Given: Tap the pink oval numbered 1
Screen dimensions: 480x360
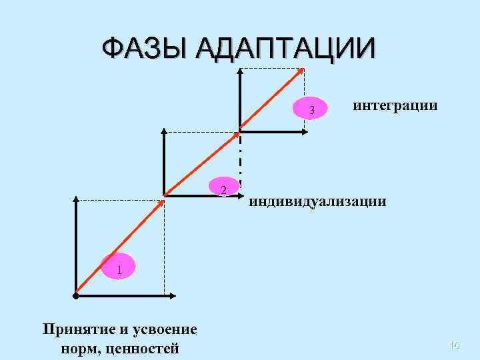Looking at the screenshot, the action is pyautogui.click(x=119, y=269).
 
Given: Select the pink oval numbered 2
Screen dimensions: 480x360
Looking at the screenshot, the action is pyautogui.click(x=224, y=189).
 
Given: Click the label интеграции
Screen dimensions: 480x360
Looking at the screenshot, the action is pyautogui.click(x=395, y=105).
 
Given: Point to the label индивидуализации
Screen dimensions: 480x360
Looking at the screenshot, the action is pyautogui.click(x=317, y=201).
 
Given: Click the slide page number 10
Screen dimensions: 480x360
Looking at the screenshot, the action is pyautogui.click(x=455, y=345).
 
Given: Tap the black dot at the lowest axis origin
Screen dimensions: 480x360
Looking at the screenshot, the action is pyautogui.click(x=77, y=295).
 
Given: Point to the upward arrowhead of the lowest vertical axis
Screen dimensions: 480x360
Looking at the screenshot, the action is pyautogui.click(x=77, y=199).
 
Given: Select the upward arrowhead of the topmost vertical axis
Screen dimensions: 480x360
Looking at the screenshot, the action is pyautogui.click(x=240, y=71).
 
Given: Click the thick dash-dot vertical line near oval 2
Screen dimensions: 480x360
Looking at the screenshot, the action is pyautogui.click(x=240, y=160).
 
